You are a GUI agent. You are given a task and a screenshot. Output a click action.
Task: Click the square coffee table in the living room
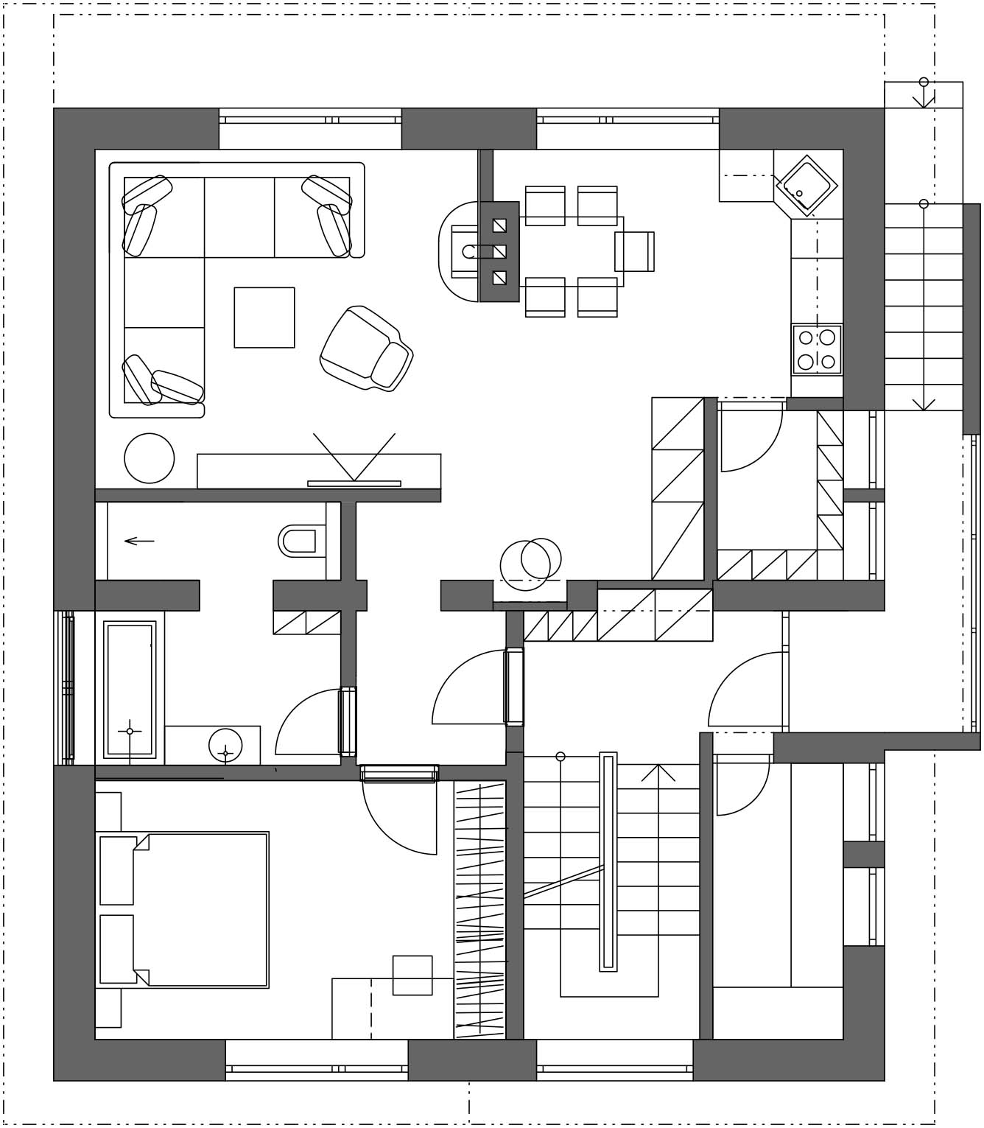264,318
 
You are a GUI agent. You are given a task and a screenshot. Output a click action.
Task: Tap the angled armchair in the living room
366,348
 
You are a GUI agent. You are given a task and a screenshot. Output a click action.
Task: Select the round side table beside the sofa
150,458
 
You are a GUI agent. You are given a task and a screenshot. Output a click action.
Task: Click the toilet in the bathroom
301,541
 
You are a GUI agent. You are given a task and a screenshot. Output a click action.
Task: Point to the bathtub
130,690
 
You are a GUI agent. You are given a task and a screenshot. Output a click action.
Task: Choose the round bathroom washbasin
225,746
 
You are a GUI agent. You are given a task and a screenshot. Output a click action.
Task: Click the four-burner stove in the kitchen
817,350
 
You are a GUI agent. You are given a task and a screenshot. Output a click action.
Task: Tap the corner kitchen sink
806,186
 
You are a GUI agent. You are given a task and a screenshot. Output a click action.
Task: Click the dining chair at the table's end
634,251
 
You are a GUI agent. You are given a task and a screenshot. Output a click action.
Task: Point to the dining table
571,251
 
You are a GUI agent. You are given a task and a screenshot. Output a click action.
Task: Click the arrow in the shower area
139,542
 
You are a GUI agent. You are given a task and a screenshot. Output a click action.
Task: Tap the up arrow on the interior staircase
658,773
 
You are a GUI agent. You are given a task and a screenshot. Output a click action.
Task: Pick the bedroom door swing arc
398,818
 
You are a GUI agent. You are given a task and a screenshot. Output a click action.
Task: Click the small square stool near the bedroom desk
412,975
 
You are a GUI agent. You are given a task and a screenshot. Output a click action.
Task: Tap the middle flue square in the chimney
499,251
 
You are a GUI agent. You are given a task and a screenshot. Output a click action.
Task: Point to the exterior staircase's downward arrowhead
924,404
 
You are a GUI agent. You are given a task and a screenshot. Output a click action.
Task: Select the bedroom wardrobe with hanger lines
479,910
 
